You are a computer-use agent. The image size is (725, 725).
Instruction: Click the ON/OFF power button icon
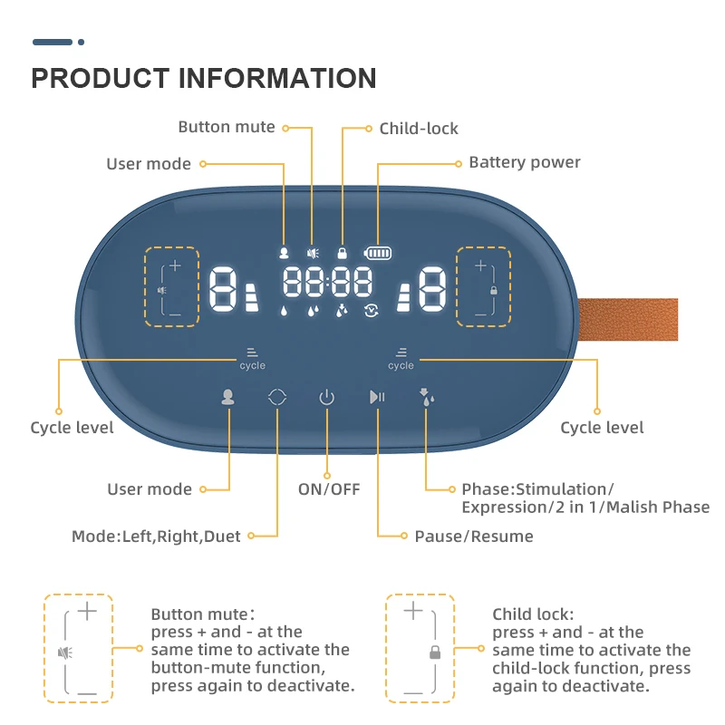[326, 397]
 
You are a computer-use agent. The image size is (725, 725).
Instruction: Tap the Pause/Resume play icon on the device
[377, 397]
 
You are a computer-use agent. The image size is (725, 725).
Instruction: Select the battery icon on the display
[378, 253]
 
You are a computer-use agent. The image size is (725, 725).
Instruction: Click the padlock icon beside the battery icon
[343, 253]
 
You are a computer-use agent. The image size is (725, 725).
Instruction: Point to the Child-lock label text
[419, 129]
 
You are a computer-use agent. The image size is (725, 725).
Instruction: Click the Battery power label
[525, 162]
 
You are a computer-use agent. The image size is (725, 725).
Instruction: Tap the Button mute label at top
[227, 127]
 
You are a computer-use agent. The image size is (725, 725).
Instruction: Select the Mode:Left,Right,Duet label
[156, 536]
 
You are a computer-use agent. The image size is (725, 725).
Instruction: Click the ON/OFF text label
[329, 489]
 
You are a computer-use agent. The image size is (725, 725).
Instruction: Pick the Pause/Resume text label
[474, 536]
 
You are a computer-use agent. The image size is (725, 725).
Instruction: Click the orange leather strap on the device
[628, 320]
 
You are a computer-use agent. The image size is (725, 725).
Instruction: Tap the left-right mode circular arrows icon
[277, 397]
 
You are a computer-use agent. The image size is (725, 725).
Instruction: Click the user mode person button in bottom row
[227, 397]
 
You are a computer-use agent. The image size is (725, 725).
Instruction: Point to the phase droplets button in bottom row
[426, 397]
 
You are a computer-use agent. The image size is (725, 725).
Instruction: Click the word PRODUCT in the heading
[101, 78]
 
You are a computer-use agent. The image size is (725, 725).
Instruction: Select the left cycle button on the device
[253, 359]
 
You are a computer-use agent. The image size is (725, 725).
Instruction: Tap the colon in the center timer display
[327, 282]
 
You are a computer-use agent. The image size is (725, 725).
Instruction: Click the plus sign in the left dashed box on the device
[175, 266]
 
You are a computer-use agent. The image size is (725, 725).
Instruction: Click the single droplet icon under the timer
[284, 311]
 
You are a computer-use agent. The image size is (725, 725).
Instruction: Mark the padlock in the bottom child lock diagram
[435, 652]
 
